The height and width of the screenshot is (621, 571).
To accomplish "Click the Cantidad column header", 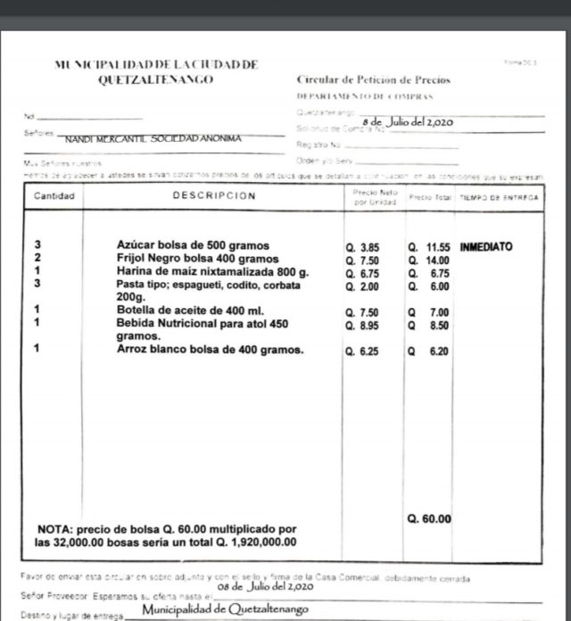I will click(x=54, y=195).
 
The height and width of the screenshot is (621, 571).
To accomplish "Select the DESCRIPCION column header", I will click(x=214, y=195).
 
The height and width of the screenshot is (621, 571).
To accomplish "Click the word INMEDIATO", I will click(x=486, y=244).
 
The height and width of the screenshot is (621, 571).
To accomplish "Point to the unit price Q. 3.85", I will click(x=363, y=245).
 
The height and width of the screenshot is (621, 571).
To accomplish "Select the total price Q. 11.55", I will click(x=428, y=245).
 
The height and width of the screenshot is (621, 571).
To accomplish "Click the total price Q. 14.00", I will click(x=428, y=260).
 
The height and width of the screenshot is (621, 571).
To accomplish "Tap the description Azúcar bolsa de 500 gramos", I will click(x=193, y=244).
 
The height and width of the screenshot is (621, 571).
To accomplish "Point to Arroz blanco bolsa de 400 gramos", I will click(x=210, y=350).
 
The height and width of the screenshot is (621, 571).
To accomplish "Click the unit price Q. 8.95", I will click(x=363, y=327).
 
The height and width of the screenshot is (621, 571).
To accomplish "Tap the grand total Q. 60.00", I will click(x=429, y=518).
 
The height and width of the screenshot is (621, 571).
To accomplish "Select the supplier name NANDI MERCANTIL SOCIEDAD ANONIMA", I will click(x=155, y=140).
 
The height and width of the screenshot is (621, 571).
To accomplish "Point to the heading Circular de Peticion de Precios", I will click(x=374, y=80).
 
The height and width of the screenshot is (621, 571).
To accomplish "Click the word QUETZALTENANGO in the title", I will click(x=157, y=79).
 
